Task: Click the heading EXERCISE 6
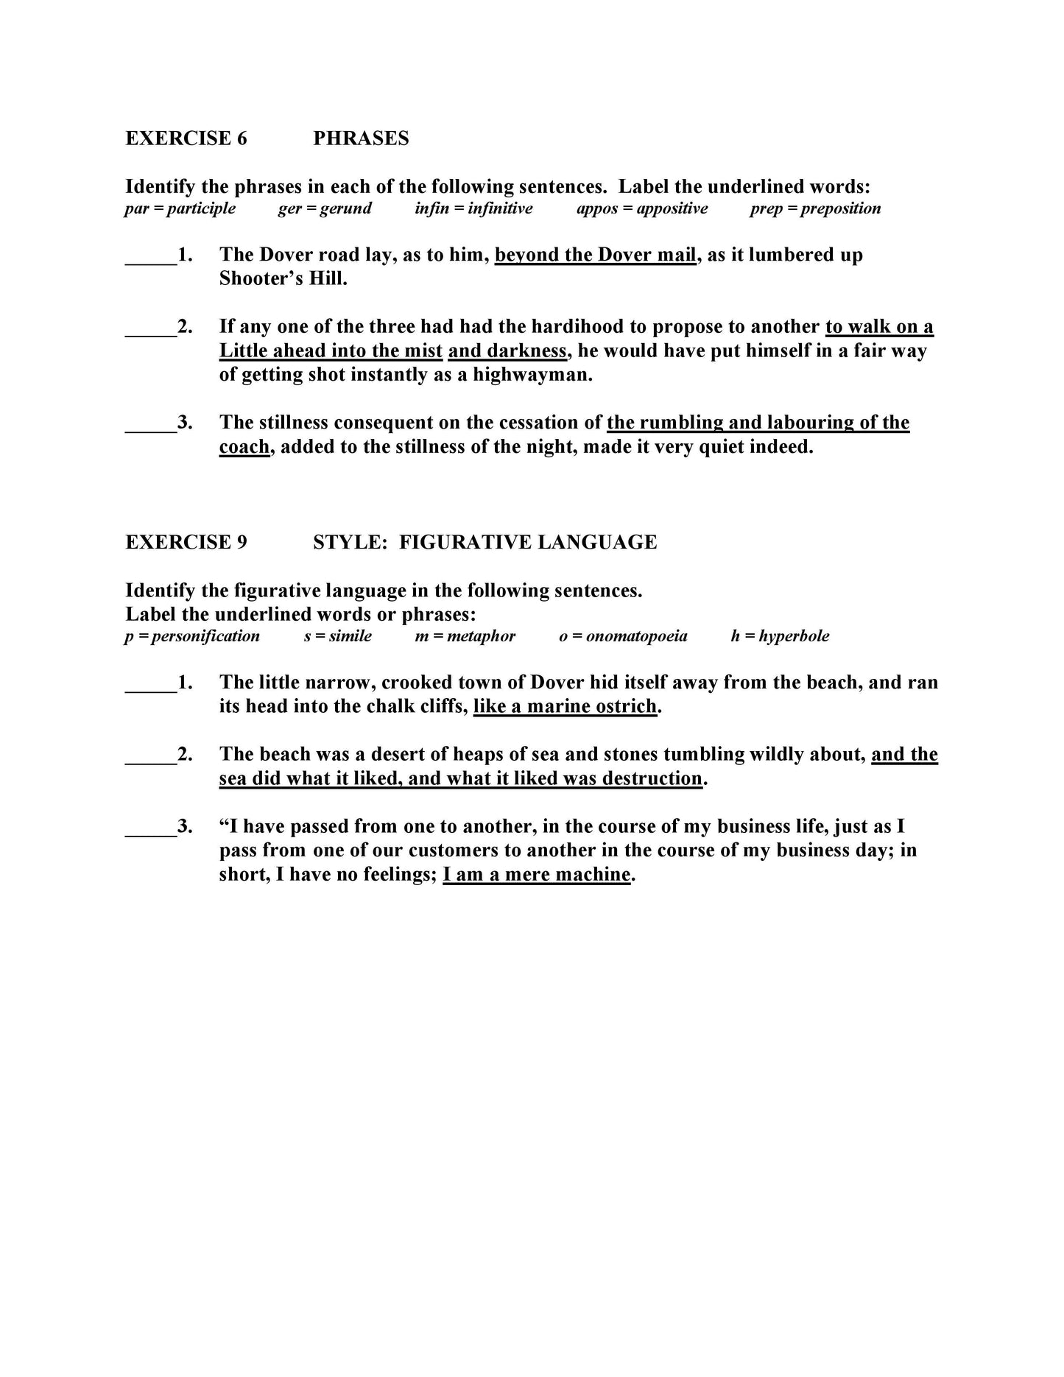186,138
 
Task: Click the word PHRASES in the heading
361,138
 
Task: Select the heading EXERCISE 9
186,542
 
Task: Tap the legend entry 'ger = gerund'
325,208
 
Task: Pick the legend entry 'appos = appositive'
642,208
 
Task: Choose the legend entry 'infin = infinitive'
473,208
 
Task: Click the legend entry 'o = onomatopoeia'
623,636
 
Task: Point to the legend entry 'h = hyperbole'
780,636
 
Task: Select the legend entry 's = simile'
338,636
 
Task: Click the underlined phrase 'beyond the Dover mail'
595,255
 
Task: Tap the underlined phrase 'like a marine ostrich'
565,706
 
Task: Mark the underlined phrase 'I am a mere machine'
537,874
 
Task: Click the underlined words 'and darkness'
507,351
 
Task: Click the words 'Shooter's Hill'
283,279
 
